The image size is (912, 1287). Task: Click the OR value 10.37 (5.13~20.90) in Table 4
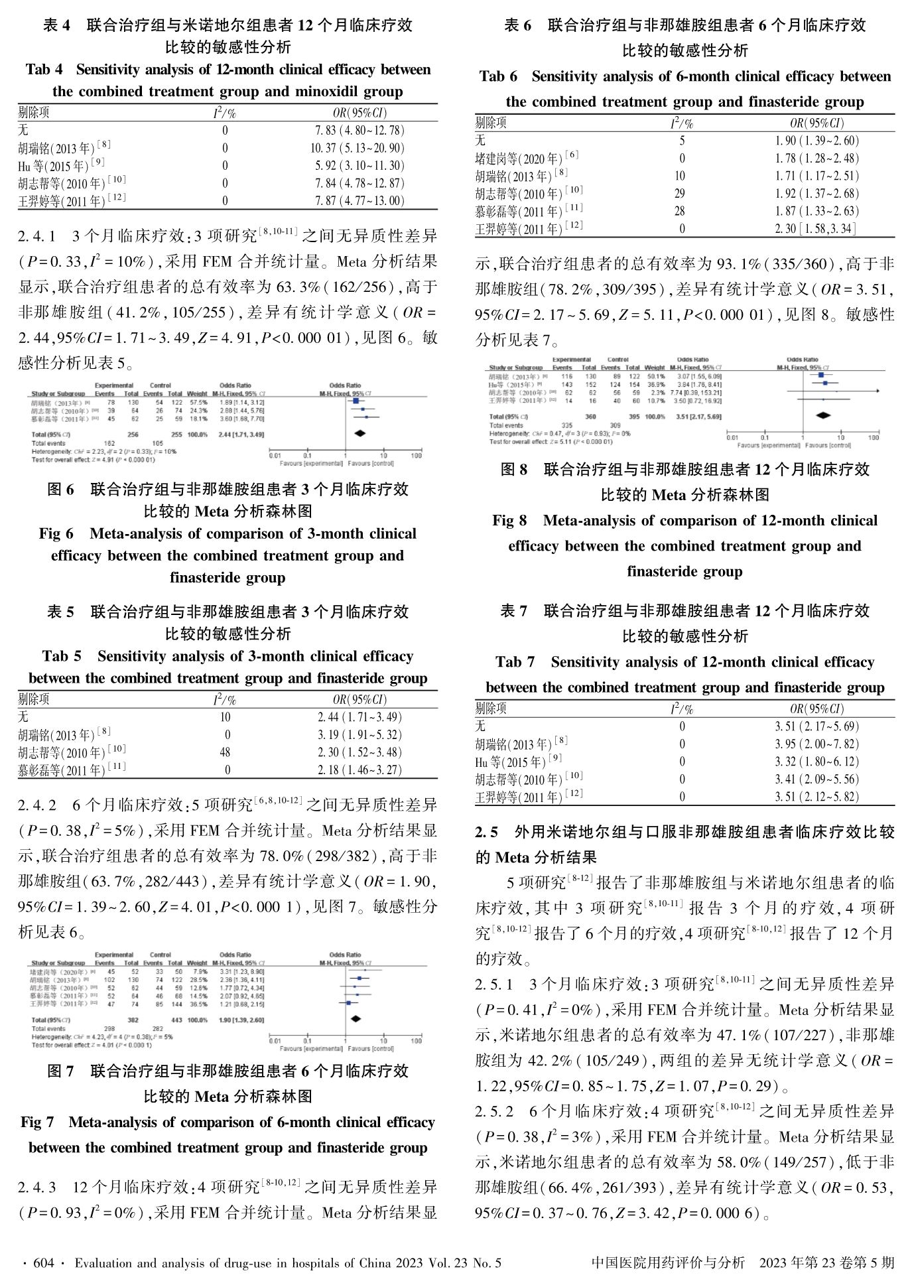(358, 148)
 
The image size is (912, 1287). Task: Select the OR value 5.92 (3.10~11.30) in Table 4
(358, 166)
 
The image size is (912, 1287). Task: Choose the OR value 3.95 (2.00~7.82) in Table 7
(816, 744)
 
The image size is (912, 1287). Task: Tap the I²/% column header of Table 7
(682, 709)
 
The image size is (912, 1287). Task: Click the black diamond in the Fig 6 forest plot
(359, 433)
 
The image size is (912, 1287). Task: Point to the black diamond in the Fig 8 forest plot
(823, 416)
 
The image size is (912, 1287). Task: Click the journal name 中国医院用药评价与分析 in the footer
(667, 1262)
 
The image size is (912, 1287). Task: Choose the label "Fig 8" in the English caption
(510, 521)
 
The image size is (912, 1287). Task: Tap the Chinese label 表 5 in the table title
(61, 612)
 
